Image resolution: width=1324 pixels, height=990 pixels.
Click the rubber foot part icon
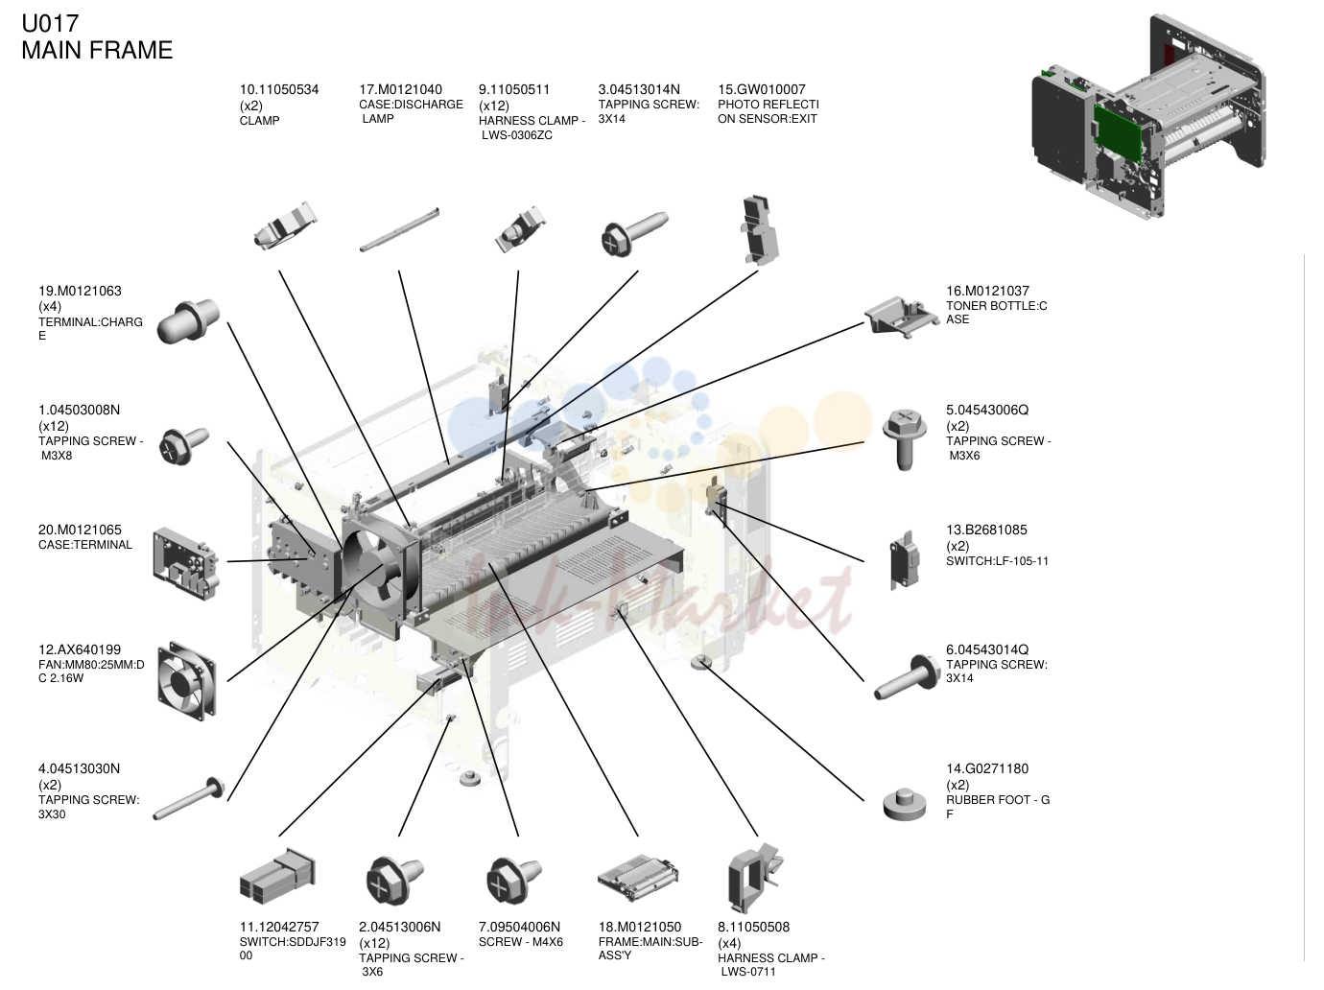coord(904,804)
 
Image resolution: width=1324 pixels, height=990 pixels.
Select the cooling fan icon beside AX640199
coord(186,681)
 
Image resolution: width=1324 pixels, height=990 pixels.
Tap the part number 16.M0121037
coord(987,291)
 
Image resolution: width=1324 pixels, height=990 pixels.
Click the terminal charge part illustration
coord(188,320)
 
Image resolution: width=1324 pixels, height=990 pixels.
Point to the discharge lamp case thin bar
coord(399,229)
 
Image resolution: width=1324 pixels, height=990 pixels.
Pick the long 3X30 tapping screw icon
coord(188,798)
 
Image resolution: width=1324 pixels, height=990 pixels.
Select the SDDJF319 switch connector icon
coord(277,876)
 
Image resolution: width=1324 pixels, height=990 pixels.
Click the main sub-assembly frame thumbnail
coord(638,878)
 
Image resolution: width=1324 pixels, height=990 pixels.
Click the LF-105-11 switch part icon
coord(904,561)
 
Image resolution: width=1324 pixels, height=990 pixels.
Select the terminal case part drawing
coord(186,564)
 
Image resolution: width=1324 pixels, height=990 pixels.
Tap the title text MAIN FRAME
coord(97,50)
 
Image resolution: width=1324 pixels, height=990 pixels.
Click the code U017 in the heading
coord(50,24)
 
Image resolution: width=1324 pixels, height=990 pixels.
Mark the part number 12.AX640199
coord(79,649)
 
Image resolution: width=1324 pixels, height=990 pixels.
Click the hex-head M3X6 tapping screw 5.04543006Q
coord(904,439)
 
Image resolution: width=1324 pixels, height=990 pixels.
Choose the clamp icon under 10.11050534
coord(284,226)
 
